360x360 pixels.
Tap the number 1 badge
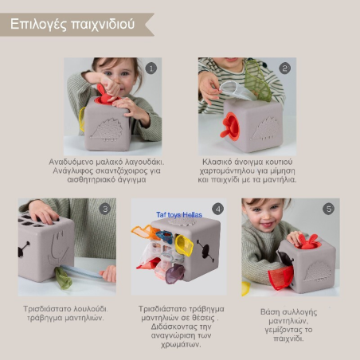tap(151, 68)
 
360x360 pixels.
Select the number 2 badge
tap(285, 68)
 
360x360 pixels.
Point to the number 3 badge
tap(104, 209)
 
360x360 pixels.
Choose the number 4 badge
tap(217, 209)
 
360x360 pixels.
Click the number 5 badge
tap(328, 209)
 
